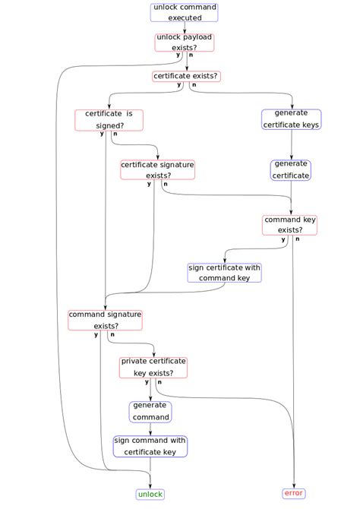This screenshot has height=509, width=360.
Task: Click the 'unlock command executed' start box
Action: (184, 13)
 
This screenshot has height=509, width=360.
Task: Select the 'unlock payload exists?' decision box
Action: (185, 43)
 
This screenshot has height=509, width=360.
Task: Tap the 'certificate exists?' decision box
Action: (186, 76)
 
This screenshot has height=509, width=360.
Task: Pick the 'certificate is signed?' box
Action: (109, 120)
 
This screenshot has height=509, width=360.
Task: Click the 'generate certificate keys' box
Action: (291, 119)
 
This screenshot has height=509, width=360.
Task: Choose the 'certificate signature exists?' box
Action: (158, 169)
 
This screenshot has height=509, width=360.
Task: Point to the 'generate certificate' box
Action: (291, 170)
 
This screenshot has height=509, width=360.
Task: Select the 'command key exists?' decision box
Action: (289, 225)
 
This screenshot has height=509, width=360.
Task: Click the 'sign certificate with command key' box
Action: (224, 273)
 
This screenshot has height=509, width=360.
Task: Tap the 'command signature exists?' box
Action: (105, 320)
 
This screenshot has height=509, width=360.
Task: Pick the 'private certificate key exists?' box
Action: (153, 368)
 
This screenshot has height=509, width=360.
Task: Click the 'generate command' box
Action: (150, 412)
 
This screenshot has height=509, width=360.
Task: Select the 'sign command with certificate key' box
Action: (150, 447)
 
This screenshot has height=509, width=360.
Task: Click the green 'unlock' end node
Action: (150, 495)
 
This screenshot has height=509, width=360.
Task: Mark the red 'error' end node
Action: (294, 493)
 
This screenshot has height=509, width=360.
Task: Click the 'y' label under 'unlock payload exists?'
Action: (178, 55)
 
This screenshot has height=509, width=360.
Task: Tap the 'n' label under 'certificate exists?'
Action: (194, 85)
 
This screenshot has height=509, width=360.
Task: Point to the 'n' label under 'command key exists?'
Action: (298, 239)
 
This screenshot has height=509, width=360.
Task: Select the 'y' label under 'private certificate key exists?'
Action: (147, 381)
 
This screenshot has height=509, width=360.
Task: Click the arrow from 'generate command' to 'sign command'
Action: (150, 429)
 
